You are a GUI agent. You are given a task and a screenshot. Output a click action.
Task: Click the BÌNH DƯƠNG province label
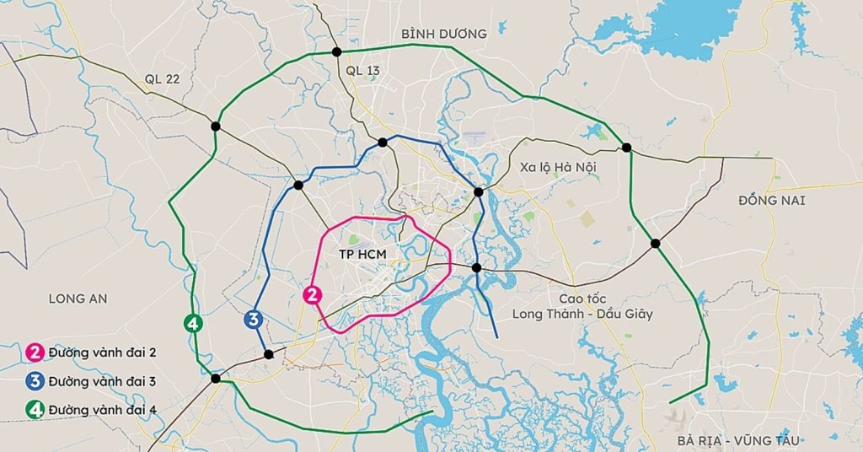pyautogui.click(x=444, y=34)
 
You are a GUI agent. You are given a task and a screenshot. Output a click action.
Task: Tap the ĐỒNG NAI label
pyautogui.click(x=772, y=201)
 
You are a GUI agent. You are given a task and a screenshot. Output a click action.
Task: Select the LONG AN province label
pyautogui.click(x=78, y=299)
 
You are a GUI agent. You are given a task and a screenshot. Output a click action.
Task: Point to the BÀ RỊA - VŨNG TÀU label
pyautogui.click(x=738, y=440)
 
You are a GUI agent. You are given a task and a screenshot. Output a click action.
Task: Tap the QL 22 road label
pyautogui.click(x=162, y=79)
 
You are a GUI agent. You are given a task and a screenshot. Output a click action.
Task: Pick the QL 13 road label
pyautogui.click(x=363, y=71)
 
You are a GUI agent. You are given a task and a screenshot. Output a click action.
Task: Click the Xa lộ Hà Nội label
pyautogui.click(x=558, y=167)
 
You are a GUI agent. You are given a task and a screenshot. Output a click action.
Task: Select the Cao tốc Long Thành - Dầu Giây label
pyautogui.click(x=582, y=307)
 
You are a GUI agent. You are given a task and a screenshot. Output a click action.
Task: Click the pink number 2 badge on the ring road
pyautogui.click(x=312, y=295)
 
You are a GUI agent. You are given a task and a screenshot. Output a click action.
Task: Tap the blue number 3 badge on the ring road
pyautogui.click(x=251, y=320)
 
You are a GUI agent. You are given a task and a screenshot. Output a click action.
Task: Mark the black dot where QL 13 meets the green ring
pyautogui.click(x=337, y=52)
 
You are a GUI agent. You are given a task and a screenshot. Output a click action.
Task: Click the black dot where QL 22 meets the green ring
pyautogui.click(x=216, y=126)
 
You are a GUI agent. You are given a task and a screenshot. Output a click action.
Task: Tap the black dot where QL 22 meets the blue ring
pyautogui.click(x=297, y=185)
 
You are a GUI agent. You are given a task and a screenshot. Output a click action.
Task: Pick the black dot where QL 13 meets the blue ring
pyautogui.click(x=383, y=143)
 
